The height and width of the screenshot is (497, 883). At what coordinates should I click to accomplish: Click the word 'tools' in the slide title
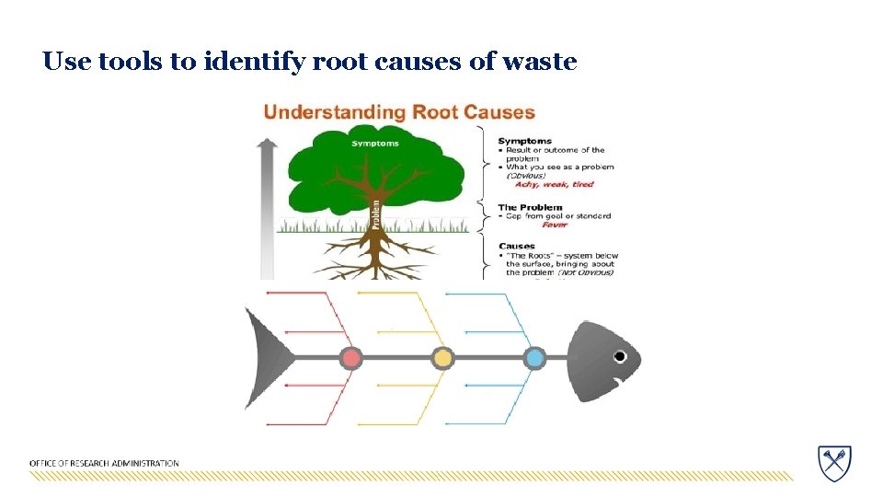122,62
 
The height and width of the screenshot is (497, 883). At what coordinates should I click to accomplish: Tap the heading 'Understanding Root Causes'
399,112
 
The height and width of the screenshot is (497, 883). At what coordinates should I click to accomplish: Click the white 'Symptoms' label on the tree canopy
374,144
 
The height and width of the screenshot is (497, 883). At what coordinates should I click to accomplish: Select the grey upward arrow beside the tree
268,207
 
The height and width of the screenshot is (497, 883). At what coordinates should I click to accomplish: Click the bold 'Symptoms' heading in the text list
524,141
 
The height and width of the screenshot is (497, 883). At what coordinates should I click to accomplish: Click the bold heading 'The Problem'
530,207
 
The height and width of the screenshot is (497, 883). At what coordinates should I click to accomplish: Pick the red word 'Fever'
555,225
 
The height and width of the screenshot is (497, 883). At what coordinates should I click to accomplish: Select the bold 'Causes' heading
517,246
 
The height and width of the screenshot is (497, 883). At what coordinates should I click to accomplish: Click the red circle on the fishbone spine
350,357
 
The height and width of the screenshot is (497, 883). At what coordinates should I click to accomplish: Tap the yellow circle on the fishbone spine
442,357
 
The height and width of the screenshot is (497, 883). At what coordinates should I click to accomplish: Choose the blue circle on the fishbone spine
534,357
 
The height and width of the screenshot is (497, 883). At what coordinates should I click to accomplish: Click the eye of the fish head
620,356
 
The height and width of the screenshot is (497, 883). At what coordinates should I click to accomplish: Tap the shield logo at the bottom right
834,462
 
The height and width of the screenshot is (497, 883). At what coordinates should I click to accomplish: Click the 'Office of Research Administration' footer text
104,463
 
